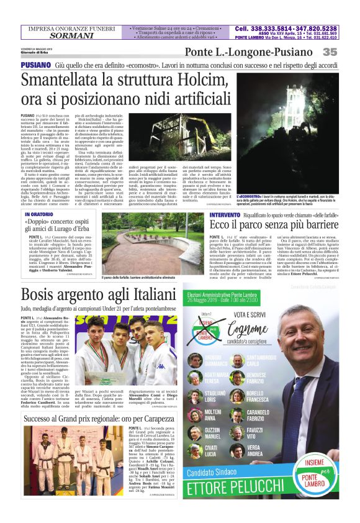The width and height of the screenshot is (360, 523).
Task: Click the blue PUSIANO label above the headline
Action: tap(36, 65)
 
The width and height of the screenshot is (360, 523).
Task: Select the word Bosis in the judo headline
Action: tap(42, 295)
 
